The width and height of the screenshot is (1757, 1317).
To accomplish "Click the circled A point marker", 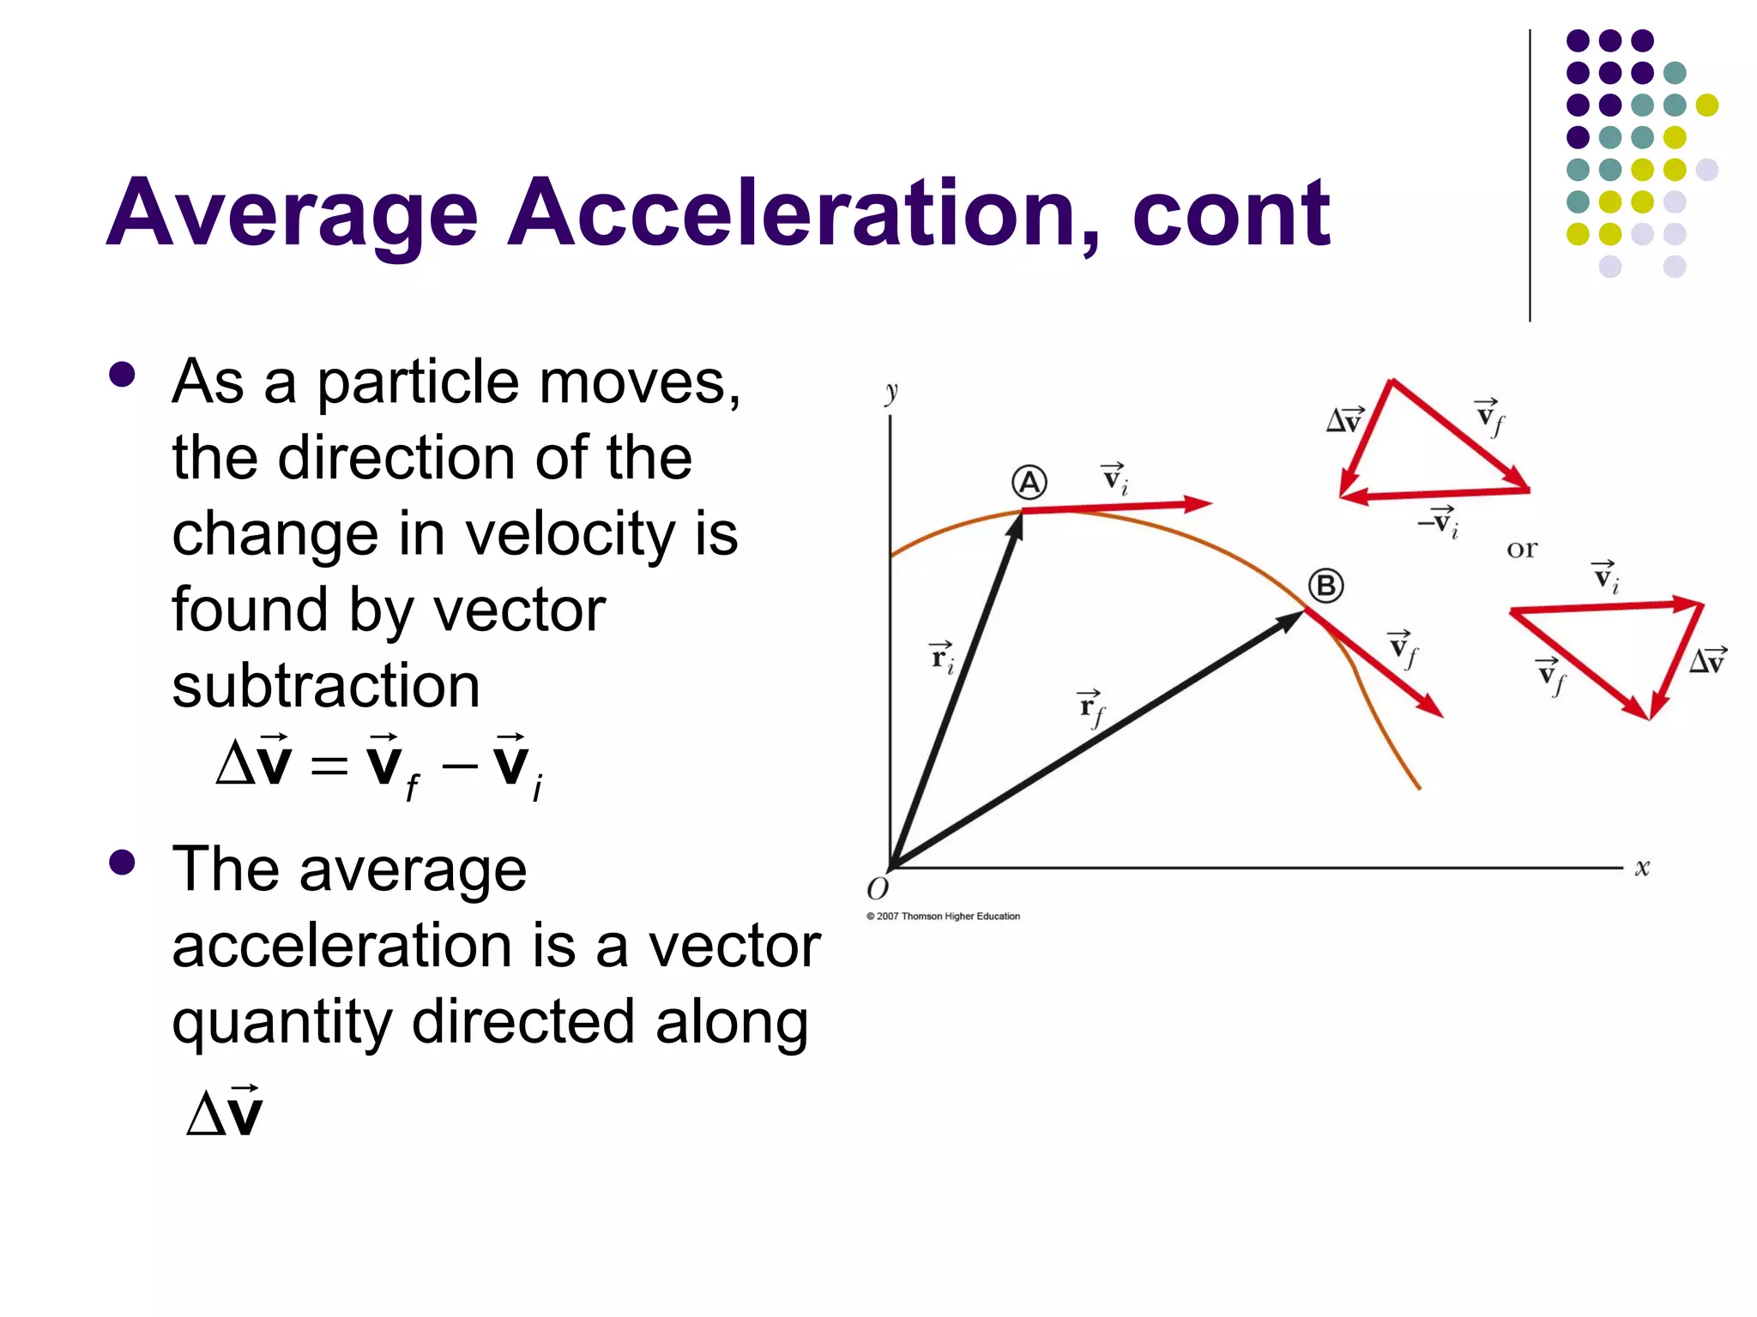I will point(1029,483).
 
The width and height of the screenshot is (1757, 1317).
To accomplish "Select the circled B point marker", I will point(1325,586).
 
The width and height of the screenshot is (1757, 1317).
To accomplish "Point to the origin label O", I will point(878,889).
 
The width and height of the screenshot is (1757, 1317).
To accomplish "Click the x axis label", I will point(1642,868).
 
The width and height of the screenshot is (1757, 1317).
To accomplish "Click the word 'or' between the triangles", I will point(1522,549).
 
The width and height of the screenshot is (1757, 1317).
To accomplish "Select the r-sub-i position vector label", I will point(943,658).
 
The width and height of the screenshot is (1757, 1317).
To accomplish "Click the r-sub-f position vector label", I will point(1091,707).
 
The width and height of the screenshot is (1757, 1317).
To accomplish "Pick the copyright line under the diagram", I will point(943,917).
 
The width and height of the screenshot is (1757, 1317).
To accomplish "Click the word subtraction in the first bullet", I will point(326,686).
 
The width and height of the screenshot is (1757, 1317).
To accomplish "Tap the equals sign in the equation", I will point(329,764).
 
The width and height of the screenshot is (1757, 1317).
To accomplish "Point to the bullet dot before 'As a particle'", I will point(123,375).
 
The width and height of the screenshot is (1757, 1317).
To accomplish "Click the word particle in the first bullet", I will point(419,382).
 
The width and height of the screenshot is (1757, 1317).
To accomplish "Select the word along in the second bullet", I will point(732,1021).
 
